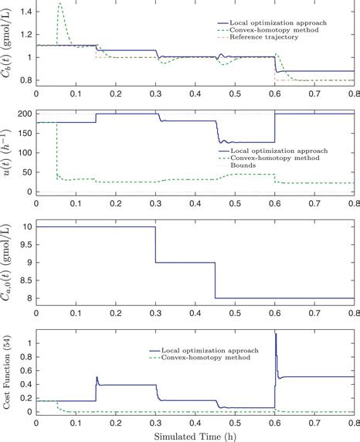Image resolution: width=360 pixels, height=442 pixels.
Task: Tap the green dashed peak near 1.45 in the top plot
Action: point(59,4)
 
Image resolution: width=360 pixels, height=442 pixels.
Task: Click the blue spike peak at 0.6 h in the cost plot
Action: point(276,334)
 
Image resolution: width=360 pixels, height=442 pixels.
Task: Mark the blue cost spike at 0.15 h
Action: point(97,377)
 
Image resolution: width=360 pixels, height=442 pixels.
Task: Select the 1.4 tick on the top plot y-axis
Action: point(25,12)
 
